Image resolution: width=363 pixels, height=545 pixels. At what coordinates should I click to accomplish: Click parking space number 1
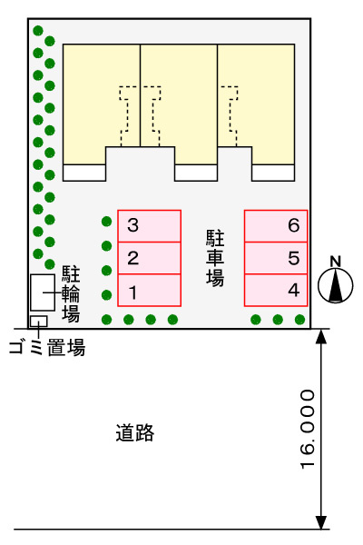tap(149, 291)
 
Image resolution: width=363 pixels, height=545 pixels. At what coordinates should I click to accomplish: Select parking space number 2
tap(149, 258)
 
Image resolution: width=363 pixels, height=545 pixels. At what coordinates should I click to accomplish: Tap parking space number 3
tap(149, 226)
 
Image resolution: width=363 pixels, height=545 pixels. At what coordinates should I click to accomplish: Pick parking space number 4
tap(276, 291)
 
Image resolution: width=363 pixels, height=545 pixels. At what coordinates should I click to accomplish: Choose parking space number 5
tap(276, 258)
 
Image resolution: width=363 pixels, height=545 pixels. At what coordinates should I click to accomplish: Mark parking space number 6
tap(276, 226)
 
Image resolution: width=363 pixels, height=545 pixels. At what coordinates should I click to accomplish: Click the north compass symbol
tap(335, 286)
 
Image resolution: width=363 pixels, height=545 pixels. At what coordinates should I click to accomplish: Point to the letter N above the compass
tap(335, 262)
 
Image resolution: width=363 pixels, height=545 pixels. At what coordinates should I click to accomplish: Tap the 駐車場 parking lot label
tap(215, 258)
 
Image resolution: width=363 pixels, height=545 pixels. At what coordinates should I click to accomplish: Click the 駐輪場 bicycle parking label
tap(71, 294)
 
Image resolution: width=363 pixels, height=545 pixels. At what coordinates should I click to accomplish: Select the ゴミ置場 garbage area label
tap(47, 348)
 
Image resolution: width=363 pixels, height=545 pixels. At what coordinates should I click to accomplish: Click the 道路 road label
tap(135, 432)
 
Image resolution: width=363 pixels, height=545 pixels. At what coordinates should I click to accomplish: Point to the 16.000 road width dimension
tap(308, 430)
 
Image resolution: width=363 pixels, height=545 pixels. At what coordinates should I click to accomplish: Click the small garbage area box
tap(38, 322)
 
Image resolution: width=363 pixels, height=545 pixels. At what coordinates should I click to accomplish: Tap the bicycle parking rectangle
tap(43, 292)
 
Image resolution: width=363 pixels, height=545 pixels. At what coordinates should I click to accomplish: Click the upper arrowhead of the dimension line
tap(321, 336)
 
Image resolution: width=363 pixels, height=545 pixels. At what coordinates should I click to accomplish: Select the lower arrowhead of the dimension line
tap(321, 522)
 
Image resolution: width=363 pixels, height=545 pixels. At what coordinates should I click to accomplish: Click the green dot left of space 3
tap(107, 221)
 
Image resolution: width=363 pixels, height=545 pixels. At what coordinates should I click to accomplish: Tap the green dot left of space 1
tap(107, 295)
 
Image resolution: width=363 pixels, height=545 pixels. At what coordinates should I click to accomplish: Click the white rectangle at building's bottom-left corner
tap(84, 173)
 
